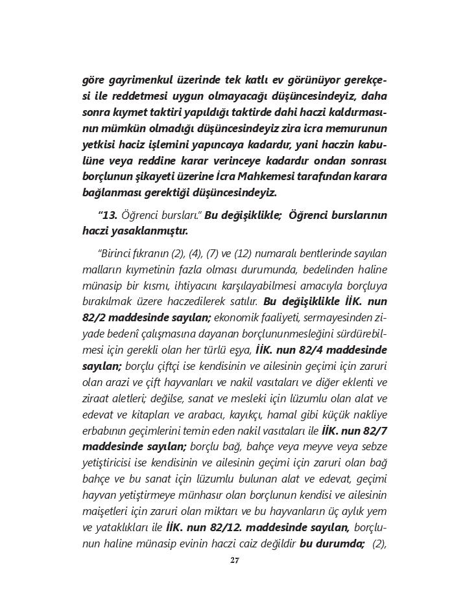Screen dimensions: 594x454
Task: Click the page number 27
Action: (235, 560)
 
